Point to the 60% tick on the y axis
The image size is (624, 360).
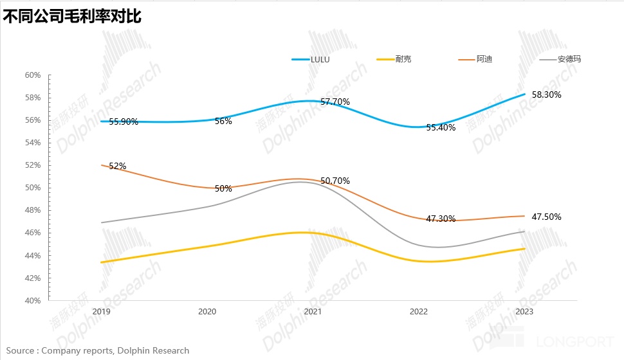point(33,75)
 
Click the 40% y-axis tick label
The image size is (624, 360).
point(33,300)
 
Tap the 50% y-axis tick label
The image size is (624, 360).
point(33,188)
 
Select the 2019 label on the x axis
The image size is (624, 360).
point(101,311)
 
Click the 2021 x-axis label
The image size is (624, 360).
point(313,311)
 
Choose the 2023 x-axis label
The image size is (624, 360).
point(525,311)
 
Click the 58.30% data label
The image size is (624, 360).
point(546,94)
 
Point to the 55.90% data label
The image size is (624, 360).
point(124,122)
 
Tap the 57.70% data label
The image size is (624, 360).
point(335,102)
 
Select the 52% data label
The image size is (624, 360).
point(118,166)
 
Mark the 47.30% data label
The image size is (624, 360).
point(441,219)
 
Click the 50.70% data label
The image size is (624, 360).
point(335,181)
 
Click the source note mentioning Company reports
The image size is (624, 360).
point(98,350)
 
